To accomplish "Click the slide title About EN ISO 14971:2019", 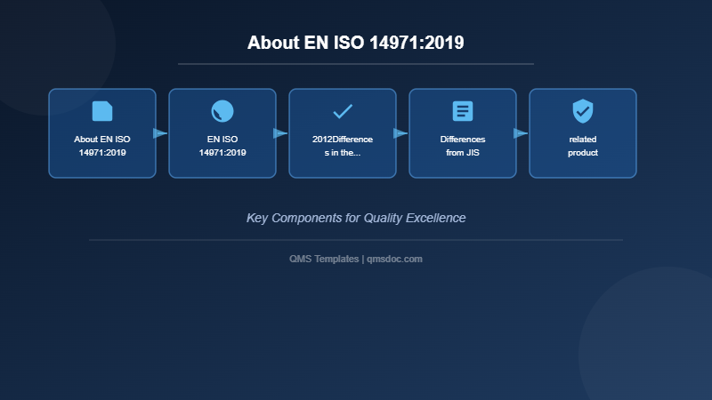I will [356, 43].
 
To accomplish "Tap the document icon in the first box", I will [102, 111].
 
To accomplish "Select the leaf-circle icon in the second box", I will [222, 111].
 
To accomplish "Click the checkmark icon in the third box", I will [343, 111].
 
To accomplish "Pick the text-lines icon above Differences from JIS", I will [463, 111].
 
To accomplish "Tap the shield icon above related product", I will [583, 111].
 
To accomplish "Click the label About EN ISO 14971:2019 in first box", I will [102, 146].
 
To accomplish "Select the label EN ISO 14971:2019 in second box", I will [222, 146].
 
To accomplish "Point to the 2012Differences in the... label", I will [343, 146].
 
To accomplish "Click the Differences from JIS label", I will [463, 146].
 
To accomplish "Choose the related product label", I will [583, 146].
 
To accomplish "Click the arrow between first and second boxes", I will [160, 133].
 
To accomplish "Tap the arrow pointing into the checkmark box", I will [280, 133].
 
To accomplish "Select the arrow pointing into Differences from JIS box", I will [400, 133].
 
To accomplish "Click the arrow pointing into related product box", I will [521, 133].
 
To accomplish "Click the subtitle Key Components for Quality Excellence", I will [356, 218].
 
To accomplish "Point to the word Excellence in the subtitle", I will [435, 218].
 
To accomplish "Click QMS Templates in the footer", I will [324, 259].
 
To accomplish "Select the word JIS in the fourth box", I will [473, 152].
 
